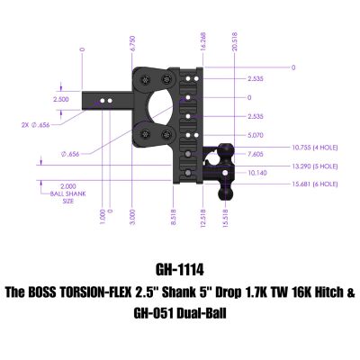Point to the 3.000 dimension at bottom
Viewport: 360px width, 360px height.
pyautogui.click(x=132, y=217)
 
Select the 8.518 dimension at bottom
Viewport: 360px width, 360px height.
pyautogui.click(x=173, y=217)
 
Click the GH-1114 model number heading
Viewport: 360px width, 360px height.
pyautogui.click(x=180, y=269)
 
